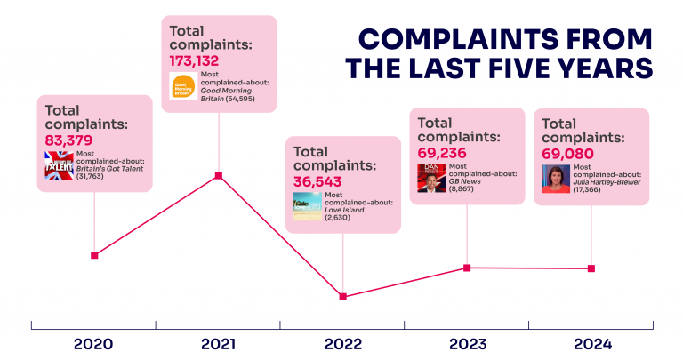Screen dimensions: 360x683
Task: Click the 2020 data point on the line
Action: tap(94, 255)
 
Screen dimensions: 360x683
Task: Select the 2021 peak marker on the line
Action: tap(219, 176)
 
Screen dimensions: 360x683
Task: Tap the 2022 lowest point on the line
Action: tap(343, 296)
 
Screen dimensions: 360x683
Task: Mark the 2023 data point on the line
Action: tap(467, 268)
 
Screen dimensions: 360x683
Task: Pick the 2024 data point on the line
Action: tap(591, 268)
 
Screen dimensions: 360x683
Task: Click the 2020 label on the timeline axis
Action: tap(93, 343)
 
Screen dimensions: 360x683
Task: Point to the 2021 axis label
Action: tap(218, 343)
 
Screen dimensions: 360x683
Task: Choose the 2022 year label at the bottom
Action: tap(342, 343)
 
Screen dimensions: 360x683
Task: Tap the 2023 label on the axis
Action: tap(467, 343)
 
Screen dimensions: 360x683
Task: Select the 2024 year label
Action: tap(591, 343)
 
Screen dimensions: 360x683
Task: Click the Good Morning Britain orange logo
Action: tap(183, 86)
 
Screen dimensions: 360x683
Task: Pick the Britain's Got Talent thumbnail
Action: tap(59, 166)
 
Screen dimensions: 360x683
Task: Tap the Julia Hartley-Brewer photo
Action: tap(556, 179)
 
